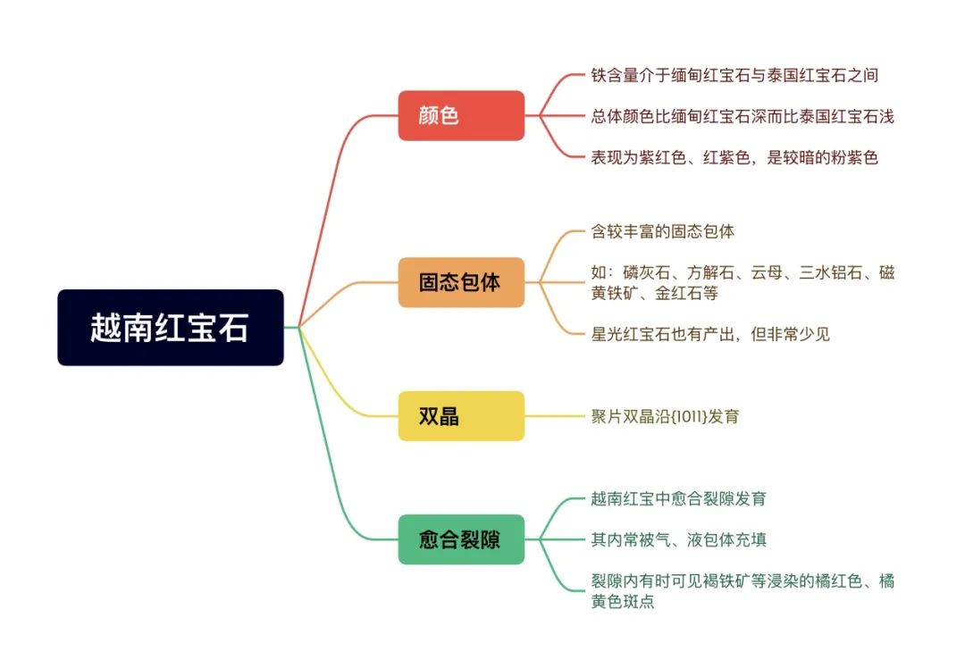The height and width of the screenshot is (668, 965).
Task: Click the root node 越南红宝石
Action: click(171, 327)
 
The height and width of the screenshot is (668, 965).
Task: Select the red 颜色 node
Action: click(461, 115)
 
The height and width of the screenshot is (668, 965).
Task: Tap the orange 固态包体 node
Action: click(461, 282)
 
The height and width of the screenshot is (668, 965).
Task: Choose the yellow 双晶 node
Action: click(461, 416)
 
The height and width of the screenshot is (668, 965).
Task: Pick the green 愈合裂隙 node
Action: click(461, 539)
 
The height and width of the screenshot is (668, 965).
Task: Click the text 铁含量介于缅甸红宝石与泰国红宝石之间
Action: click(734, 75)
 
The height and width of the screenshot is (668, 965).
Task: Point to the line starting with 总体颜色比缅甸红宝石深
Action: click(743, 116)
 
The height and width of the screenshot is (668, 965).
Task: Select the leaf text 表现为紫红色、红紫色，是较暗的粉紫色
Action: click(734, 157)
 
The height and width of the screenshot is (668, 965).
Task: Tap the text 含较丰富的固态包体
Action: click(662, 231)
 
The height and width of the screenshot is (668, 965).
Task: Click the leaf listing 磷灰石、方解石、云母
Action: click(743, 282)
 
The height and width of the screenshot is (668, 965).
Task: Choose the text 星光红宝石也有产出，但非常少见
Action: click(710, 334)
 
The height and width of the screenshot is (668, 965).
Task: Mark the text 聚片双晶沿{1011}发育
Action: click(665, 416)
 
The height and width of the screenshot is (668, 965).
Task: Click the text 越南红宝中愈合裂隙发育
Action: click(678, 498)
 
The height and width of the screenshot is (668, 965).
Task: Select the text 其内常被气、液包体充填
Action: click(678, 539)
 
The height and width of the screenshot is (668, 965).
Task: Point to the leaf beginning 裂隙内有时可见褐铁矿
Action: click(743, 590)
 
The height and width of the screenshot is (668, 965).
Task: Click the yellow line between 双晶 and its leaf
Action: click(554, 416)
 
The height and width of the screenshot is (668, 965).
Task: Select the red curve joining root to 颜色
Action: click(332, 203)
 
